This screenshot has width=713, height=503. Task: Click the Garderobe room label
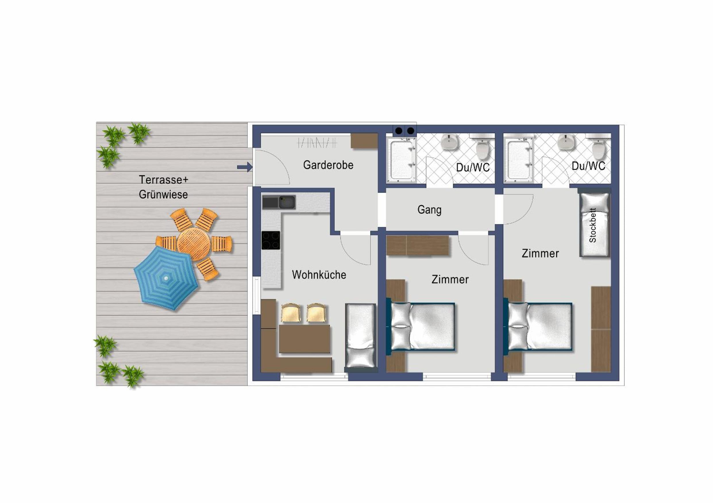(328, 165)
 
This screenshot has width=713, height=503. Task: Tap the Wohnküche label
(319, 275)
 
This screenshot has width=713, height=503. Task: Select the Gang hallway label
(429, 210)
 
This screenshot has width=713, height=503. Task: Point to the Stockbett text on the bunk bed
(593, 225)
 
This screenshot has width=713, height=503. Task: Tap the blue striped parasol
(166, 278)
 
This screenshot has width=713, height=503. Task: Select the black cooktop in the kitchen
(271, 240)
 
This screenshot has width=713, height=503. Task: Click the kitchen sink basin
(287, 202)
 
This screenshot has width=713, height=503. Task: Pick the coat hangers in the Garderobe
(317, 143)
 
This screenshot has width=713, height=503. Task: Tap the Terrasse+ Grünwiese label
(163, 187)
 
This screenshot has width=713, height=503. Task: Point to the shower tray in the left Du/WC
(402, 160)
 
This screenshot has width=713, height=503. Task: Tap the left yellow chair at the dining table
(291, 313)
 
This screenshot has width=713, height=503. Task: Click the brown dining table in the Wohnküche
(304, 339)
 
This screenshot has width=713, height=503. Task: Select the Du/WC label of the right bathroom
(589, 166)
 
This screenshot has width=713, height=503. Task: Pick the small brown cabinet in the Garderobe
(364, 141)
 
